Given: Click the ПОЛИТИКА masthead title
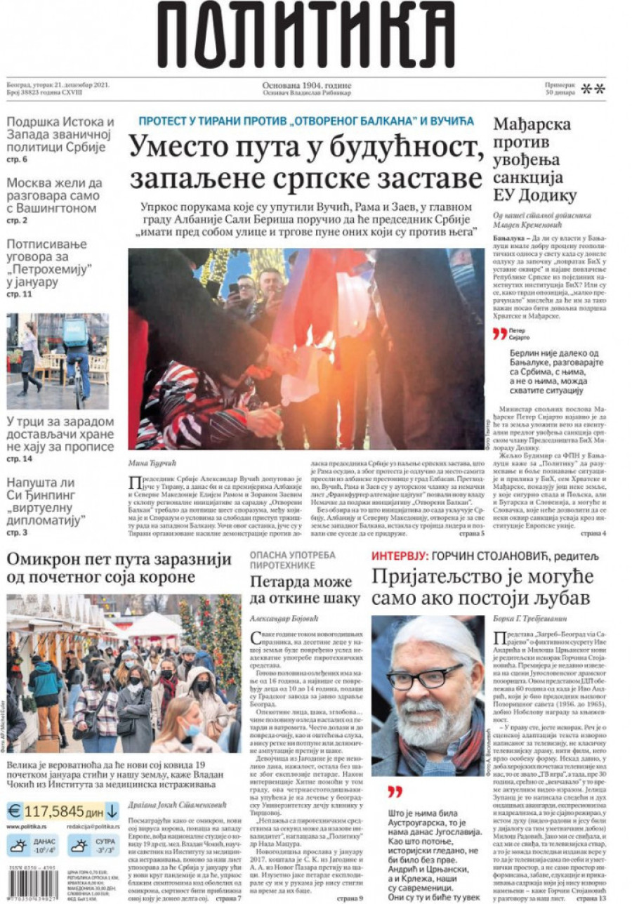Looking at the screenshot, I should click(x=307, y=37).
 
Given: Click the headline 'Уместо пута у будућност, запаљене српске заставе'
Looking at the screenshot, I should click(x=306, y=161).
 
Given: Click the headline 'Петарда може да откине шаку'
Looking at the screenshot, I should click(x=305, y=590).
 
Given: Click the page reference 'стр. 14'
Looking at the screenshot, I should click(x=19, y=459).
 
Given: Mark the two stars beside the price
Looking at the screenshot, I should click(x=593, y=89).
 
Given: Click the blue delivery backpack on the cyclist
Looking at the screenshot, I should click(x=76, y=331).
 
